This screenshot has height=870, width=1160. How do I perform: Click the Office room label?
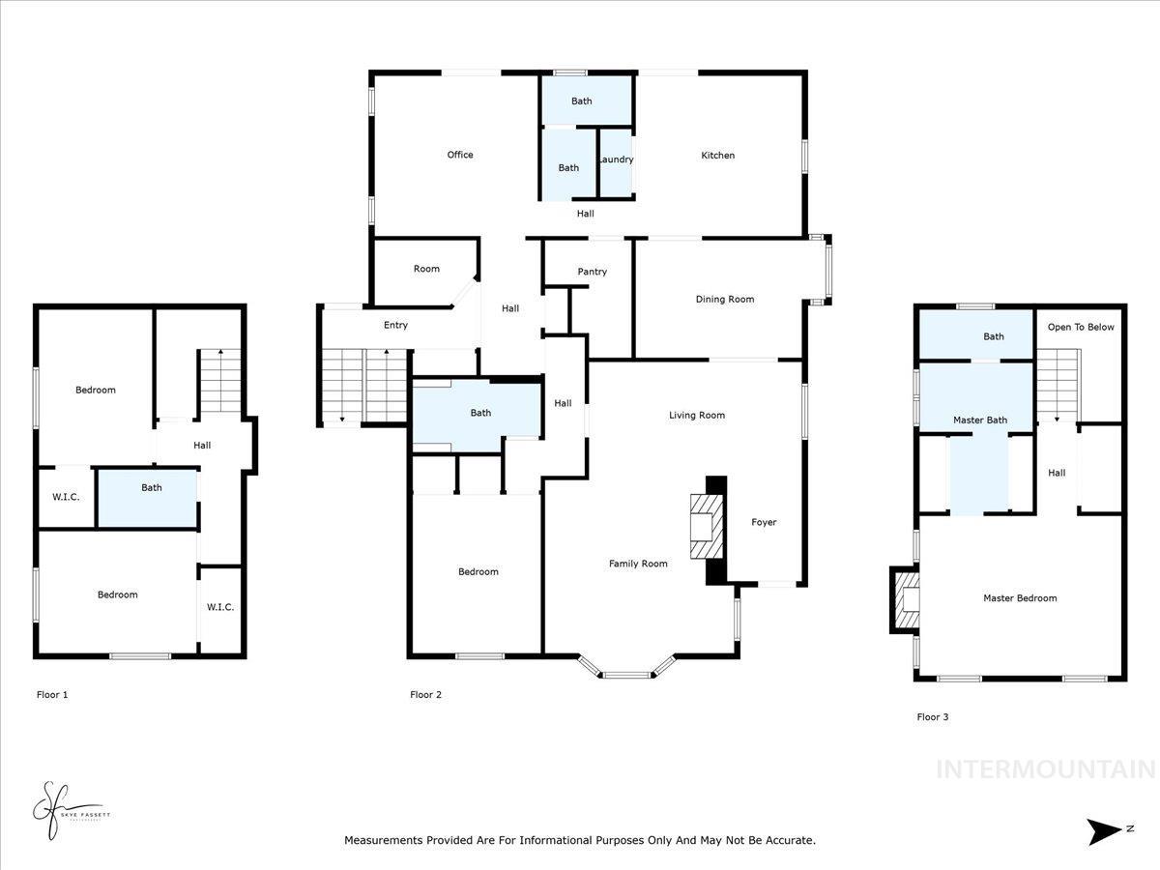point(460,155)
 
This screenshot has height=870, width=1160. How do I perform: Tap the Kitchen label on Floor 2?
point(717,155)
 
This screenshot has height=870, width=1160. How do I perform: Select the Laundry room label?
point(616,159)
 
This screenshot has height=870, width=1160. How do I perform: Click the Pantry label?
point(592,272)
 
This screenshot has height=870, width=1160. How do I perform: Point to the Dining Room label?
point(724,299)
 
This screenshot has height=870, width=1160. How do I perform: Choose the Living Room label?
point(696,415)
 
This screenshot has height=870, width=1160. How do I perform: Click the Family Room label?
point(638,564)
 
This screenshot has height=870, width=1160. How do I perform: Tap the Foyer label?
point(764,522)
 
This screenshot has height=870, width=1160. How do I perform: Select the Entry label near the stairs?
point(395,325)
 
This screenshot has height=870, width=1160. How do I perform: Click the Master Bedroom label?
point(1020,597)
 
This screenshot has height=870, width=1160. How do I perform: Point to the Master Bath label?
point(980,420)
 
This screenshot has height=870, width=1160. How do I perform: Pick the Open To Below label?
point(1081,327)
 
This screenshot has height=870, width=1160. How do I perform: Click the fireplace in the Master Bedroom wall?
point(906,599)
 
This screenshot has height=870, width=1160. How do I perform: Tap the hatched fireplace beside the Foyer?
point(705,527)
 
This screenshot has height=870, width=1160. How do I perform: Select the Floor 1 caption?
point(52,694)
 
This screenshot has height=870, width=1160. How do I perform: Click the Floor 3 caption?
point(933,717)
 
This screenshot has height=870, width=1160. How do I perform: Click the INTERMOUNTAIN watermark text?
point(1046,769)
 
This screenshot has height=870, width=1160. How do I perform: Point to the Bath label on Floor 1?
point(152,487)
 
